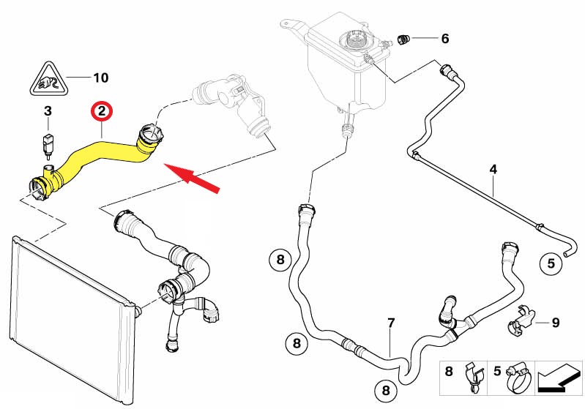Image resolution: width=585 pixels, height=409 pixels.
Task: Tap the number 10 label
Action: [x=100, y=77]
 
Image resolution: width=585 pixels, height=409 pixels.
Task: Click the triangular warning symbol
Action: [x=48, y=79]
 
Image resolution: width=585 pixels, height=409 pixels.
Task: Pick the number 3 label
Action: [x=48, y=112]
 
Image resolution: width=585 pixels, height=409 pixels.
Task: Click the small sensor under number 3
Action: [x=48, y=140]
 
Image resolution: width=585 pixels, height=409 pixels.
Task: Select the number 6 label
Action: [x=444, y=38]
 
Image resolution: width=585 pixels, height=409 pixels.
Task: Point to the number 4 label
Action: [x=493, y=170]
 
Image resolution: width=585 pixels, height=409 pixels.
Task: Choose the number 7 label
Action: [x=391, y=323]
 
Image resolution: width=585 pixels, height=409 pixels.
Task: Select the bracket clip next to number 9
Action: [x=521, y=318]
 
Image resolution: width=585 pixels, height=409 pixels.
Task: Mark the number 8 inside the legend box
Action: [x=450, y=372]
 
